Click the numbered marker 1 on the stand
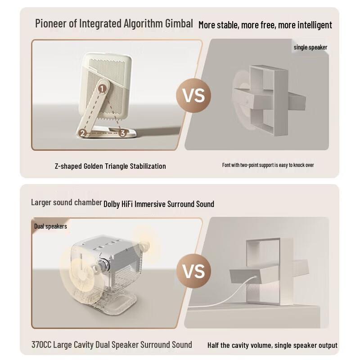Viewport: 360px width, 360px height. pos(102,89)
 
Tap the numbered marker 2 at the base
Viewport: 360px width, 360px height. pos(83,133)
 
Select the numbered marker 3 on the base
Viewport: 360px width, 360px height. pos(122,133)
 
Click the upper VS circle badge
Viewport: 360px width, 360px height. pos(193,95)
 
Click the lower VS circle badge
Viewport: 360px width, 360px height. pos(194,271)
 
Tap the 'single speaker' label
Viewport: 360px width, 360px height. pos(310,47)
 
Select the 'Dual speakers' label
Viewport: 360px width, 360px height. pos(50,226)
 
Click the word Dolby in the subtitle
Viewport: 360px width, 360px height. pos(111,204)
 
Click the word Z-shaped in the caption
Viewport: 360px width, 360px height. pos(68,166)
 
